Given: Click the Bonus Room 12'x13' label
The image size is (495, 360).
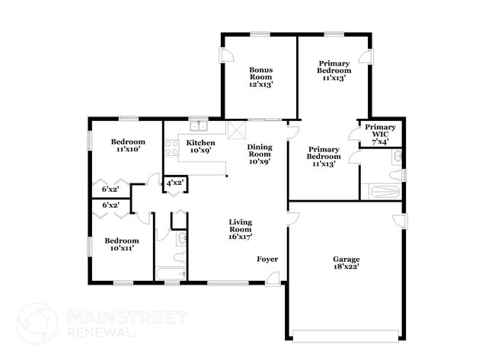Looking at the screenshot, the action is (260, 77).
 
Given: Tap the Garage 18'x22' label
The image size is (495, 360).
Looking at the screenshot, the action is (346, 263).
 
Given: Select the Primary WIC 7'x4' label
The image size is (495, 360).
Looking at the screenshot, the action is (380, 135).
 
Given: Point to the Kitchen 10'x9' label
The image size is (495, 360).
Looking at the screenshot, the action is (200, 146).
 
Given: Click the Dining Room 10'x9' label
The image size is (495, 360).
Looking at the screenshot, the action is (260, 155).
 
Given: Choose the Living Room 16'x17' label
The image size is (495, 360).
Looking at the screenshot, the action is (240, 229).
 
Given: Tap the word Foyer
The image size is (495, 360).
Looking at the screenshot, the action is (267, 260).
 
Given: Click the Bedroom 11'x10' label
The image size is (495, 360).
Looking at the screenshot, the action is (128, 145).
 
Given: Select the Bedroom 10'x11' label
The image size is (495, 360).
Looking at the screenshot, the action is (122, 244).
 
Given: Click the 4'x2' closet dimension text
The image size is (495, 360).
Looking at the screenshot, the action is (175, 183).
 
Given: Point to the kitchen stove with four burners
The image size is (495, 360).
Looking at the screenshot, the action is (172, 148).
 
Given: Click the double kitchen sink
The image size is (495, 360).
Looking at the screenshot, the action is (199, 126).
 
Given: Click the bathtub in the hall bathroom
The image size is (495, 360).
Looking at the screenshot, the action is (171, 273).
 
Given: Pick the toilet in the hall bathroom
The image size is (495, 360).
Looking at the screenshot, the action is (180, 257).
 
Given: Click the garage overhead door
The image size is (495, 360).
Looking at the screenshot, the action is (346, 336).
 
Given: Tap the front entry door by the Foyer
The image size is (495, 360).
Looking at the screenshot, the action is (273, 279).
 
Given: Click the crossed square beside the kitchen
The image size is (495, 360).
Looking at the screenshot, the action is (237, 130).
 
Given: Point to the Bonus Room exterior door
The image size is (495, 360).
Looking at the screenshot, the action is (227, 56).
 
